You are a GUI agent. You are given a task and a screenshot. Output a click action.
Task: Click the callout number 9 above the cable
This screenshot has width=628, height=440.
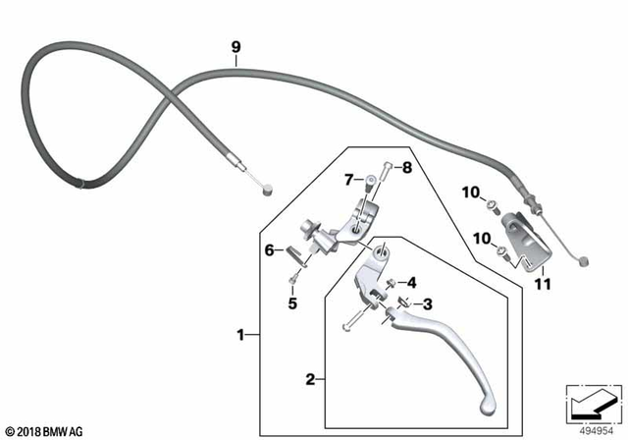pos(235,45)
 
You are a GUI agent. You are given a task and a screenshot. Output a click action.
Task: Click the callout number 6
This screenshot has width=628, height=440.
pos(269,251)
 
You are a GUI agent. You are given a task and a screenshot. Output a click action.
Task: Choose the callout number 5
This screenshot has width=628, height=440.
pos(291,302)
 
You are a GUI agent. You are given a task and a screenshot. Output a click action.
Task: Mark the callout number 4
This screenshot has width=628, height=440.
pos(411,282)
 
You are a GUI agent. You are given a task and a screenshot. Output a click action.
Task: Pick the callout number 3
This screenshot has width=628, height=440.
pos(429,304)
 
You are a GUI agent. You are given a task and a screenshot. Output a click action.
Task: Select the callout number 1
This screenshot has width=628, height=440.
pos(239,335)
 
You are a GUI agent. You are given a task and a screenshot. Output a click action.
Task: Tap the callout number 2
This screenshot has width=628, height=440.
pos(310,377)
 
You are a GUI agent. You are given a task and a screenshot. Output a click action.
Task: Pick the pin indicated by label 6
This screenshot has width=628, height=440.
pos(294,251)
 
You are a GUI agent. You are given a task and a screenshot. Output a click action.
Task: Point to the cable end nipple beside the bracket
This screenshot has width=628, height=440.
pos(585,261)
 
